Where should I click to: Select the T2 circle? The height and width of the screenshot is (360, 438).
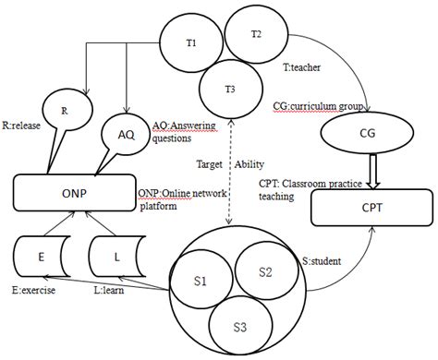coord(256,35)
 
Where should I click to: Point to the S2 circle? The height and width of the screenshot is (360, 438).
coord(263,272)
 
